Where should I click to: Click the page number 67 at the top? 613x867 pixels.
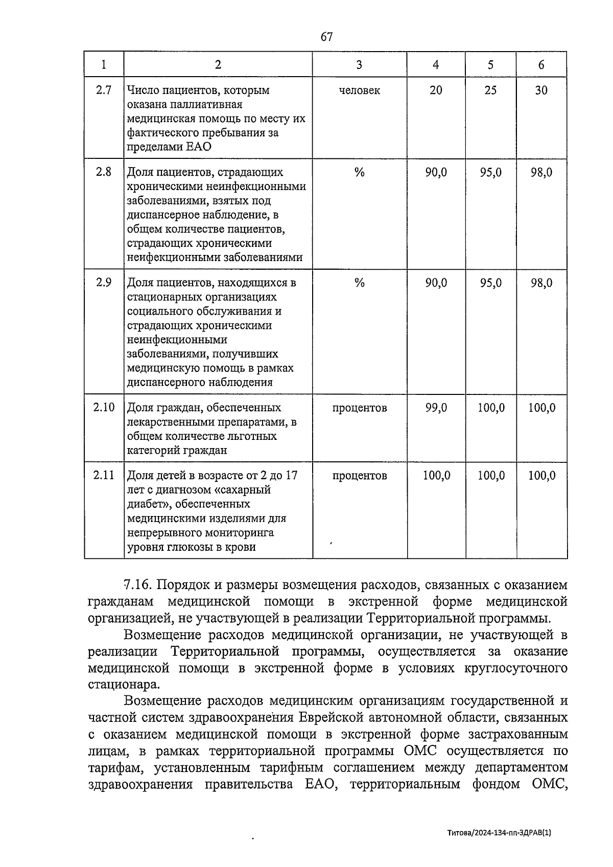click(327, 37)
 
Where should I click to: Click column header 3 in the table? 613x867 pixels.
click(359, 64)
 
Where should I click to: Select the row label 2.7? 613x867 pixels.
click(104, 90)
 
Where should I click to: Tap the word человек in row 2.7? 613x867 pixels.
click(359, 90)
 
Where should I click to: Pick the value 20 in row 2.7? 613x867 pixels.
click(436, 90)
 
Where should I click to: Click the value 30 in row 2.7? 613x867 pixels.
click(541, 90)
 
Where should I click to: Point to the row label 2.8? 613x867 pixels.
click(104, 172)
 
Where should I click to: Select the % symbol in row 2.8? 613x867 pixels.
click(359, 172)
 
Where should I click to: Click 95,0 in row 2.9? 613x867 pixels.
click(490, 283)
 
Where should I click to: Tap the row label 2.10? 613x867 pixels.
click(104, 408)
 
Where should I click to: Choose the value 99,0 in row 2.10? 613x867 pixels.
click(436, 408)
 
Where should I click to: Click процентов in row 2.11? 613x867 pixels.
click(359, 476)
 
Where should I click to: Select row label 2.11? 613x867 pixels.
click(104, 476)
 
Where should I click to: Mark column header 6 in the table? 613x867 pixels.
click(541, 64)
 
